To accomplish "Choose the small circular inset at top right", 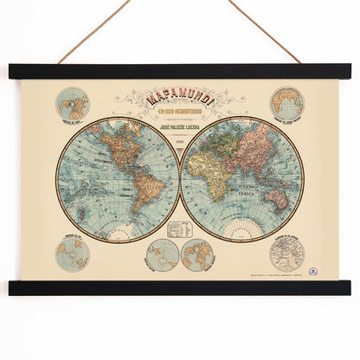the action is [286, 104].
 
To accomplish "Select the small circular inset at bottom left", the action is [73, 254].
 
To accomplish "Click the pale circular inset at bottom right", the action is [286, 253].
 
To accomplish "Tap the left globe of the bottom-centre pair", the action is [162, 255].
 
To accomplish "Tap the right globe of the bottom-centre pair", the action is [198, 255].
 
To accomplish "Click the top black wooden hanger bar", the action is [180, 72].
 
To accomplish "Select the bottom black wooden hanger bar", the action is [180, 287].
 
